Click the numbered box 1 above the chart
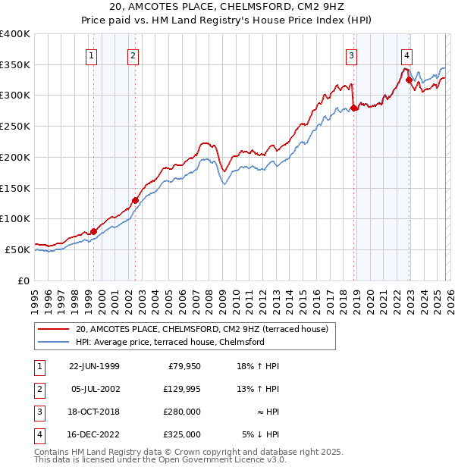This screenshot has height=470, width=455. tap(91, 55)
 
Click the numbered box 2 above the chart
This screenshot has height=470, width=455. tap(133, 55)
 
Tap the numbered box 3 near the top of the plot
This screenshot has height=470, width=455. tap(351, 55)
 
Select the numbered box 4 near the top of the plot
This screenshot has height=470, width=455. tap(407, 55)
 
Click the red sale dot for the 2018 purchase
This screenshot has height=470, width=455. tap(354, 108)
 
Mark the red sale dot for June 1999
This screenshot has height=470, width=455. tap(94, 231)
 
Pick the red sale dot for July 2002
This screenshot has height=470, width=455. tap(135, 200)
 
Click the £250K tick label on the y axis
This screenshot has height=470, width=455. tap(15, 127)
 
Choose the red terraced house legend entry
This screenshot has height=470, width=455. tap(202, 329)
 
